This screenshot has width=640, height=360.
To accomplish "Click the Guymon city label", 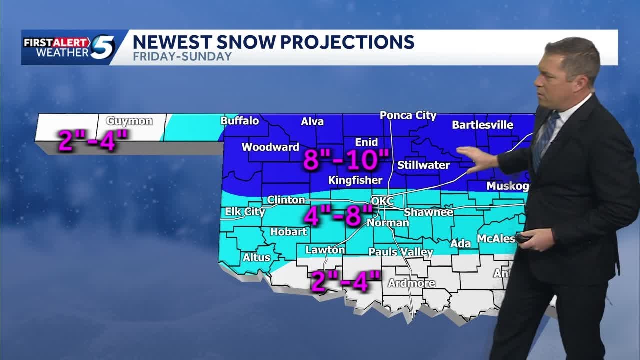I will [129, 121].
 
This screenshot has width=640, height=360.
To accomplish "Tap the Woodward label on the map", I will [270, 147].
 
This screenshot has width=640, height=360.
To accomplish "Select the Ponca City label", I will [408, 115].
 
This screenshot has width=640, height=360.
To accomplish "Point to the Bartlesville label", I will [482, 125].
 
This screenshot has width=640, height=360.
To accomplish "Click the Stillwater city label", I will [423, 165].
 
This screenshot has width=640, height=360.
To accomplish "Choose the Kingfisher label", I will [355, 180].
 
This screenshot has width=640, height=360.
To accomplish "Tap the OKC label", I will [382, 201].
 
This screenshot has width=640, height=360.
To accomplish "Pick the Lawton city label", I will [325, 250].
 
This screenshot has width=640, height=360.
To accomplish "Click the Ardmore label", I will [411, 283].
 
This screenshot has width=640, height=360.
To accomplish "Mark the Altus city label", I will [256, 258].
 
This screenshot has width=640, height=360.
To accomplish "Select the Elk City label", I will [245, 212].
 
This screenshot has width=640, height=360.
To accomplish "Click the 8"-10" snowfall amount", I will [346, 160].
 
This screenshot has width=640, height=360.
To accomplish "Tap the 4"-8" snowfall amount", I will [338, 217].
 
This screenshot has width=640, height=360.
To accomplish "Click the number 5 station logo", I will [102, 47].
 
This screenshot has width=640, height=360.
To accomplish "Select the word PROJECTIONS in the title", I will [346, 42].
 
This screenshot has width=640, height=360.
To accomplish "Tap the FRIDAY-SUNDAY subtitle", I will [182, 56].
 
